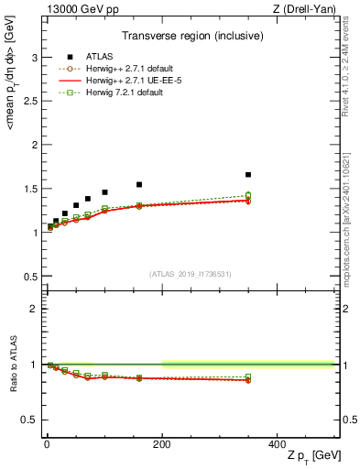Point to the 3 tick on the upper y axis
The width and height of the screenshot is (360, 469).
[36, 57]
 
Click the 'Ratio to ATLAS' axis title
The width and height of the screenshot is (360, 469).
[13, 365]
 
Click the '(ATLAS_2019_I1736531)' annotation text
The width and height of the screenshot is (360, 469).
[190, 273]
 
